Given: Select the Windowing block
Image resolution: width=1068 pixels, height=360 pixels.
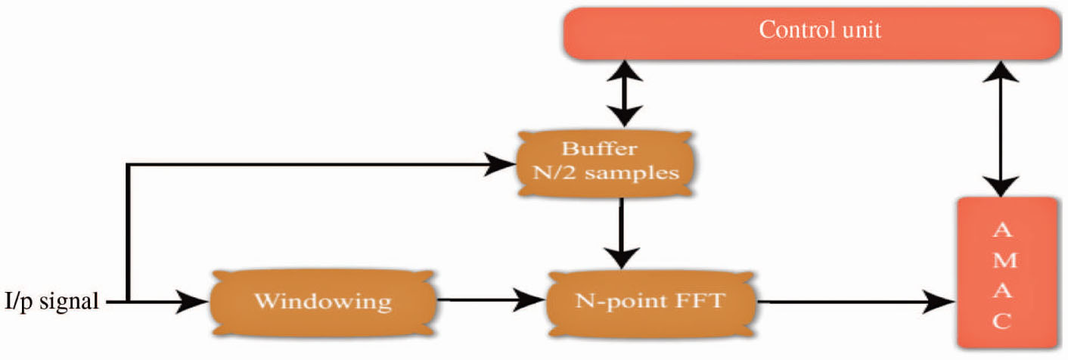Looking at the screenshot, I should coord(323,302).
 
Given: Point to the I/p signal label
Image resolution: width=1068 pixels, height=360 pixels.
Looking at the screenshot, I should coord(51,303).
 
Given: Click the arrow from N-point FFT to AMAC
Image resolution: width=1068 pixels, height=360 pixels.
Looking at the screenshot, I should coord(855,303).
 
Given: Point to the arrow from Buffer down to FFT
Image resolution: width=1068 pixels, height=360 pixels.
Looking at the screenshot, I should coord(620,231).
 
